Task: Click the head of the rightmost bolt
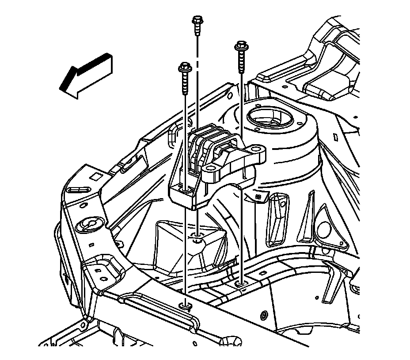pos(241,45)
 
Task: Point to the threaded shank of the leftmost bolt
pos(183,84)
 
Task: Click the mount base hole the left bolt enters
pos(186,190)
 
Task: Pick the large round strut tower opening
pos(270,118)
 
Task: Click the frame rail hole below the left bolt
pos(185,305)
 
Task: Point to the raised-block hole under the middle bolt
pos(197,239)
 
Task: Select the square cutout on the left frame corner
pos(94,177)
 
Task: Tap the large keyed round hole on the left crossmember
pos(87,225)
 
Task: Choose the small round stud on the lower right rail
pos(264,315)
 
